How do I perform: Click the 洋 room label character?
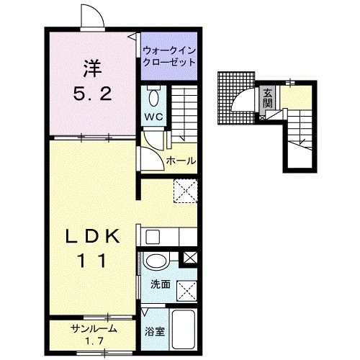(92, 68)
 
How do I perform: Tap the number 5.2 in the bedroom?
(92, 94)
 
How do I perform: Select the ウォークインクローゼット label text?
(168, 56)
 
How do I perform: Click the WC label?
(153, 117)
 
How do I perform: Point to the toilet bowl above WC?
(153, 98)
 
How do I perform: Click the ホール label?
(181, 161)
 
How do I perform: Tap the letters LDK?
(93, 236)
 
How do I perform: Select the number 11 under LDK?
(91, 261)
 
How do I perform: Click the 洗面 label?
(161, 284)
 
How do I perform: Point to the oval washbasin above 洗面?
(156, 261)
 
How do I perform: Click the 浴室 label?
(155, 331)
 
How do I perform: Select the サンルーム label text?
(94, 329)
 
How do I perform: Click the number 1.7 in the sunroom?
(94, 341)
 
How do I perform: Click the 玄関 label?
(267, 98)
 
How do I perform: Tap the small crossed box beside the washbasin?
(190, 258)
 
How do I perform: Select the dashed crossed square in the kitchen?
(186, 191)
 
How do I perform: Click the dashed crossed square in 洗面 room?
(187, 291)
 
